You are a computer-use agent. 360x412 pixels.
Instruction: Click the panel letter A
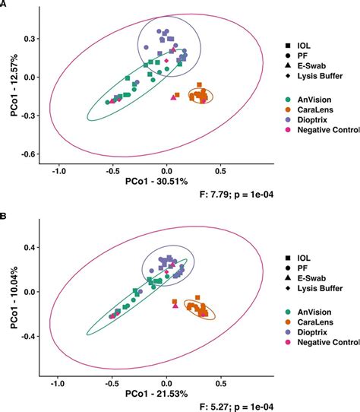[x=4, y=5]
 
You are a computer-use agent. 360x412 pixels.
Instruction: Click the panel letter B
[x=4, y=216]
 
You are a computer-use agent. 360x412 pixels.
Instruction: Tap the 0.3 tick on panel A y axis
[x=33, y=38]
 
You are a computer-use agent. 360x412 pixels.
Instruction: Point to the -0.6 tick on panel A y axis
[x=31, y=154]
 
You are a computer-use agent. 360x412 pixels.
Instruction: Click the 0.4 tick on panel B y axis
[x=33, y=248]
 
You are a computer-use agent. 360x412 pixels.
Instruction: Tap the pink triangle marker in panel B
[x=175, y=306]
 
